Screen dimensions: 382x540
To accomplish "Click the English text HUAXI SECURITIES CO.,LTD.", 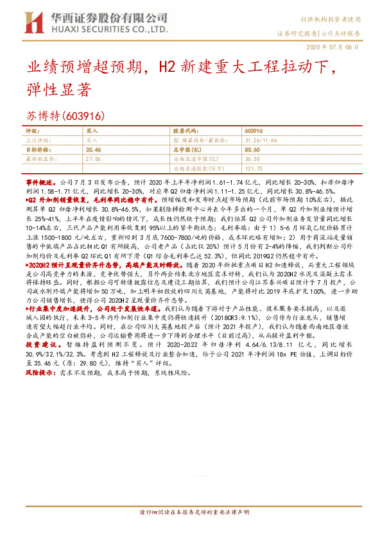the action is pos(105,30).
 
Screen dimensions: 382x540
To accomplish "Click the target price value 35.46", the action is pos(93,148).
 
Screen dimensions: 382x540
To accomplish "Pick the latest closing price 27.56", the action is pos(93,157).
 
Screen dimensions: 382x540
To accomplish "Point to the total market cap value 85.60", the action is pos(254,148).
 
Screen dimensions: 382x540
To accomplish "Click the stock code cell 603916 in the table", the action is pos(254,130).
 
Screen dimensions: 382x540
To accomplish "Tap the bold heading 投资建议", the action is pos(39,344).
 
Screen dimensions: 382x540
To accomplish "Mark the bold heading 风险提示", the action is pos(39,371).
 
